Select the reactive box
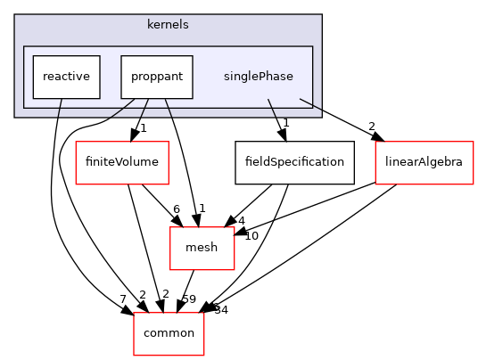tap(65, 77)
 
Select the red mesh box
tap(202, 248)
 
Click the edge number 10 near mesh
tap(251, 235)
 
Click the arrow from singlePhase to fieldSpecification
tap(276, 120)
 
